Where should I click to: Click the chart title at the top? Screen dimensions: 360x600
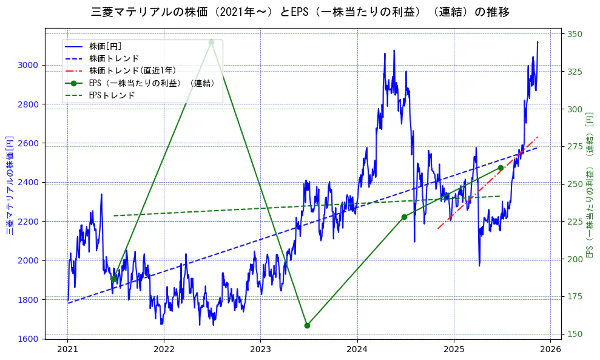coord(300,12)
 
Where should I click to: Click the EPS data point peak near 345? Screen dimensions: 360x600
coord(211,42)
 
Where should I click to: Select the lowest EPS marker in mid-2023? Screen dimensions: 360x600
coord(307,325)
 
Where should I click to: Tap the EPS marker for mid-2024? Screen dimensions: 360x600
coord(404,217)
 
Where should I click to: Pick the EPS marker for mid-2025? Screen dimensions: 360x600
coord(501,168)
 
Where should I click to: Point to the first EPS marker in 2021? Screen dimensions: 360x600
coord(114,279)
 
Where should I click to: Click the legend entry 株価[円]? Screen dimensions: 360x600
coord(105,46)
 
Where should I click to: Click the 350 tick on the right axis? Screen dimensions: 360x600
coord(575,34)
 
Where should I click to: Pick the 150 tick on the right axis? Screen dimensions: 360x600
coord(575,334)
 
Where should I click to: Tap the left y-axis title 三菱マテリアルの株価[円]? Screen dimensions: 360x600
coord(10,184)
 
